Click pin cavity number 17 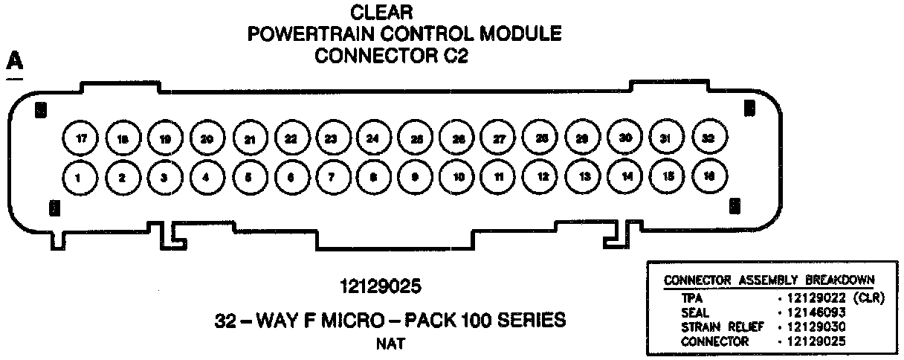[80, 138]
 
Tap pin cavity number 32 [709, 138]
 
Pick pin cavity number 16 [709, 176]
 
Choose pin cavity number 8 [372, 177]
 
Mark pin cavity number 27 [499, 138]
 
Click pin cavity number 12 [543, 177]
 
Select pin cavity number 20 [207, 138]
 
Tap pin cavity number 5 [248, 177]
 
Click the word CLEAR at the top [381, 12]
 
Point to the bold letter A [14, 62]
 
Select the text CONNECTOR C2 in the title [392, 56]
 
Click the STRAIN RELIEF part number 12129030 [813, 327]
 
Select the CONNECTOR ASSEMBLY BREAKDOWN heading [769, 280]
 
